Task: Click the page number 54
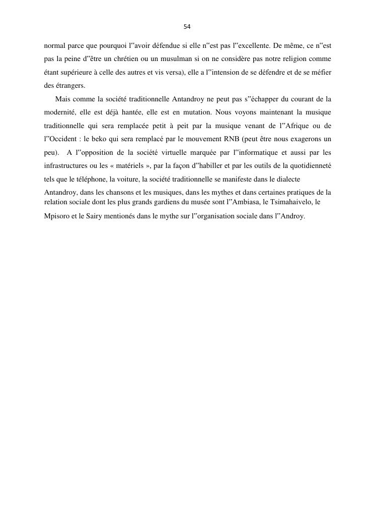(187, 26)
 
